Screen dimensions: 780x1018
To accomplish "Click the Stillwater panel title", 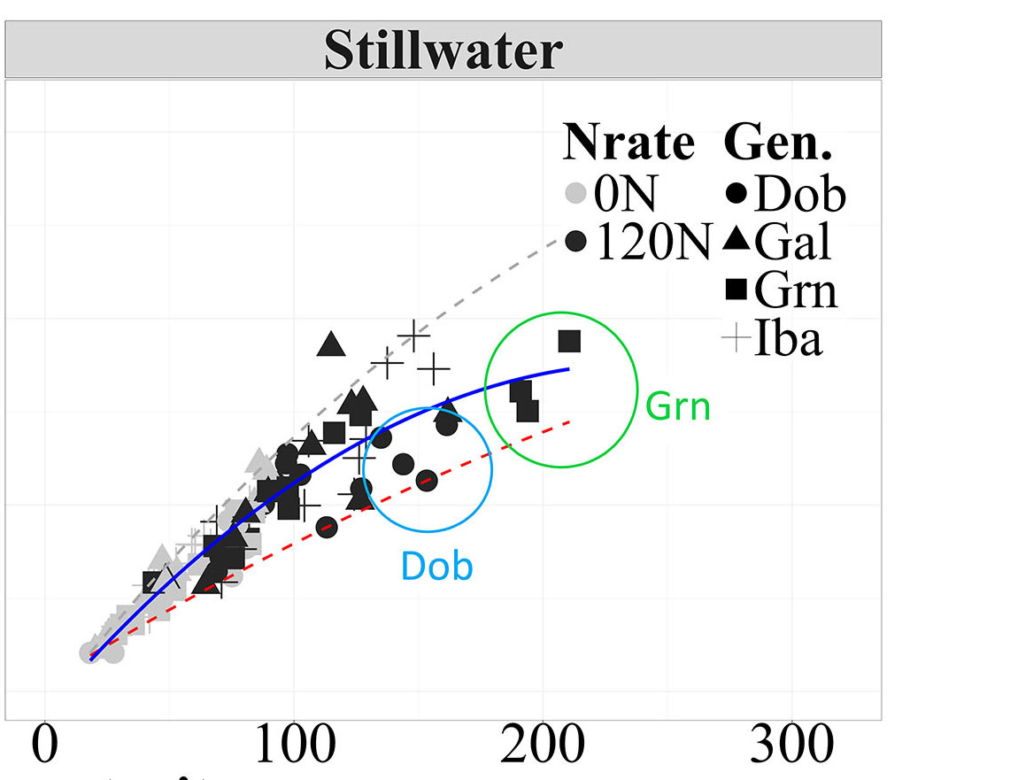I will pos(443,50).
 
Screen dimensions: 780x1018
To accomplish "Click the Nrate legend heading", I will pos(629,142).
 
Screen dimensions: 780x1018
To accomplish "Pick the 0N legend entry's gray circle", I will pos(577,192).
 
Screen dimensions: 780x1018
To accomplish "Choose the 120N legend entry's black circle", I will pos(577,241).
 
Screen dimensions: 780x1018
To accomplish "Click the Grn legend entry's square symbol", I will pos(737,290).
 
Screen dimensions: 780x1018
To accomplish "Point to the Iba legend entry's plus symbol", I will pos(737,338).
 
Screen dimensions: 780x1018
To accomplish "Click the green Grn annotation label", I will pos(678,406).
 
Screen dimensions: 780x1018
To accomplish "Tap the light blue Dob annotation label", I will pos(437,566).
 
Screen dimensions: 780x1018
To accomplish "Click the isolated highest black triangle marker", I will pos(330,344).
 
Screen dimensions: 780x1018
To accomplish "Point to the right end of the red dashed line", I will pos(572,421).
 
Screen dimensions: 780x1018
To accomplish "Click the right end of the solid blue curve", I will pos(568,368).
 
